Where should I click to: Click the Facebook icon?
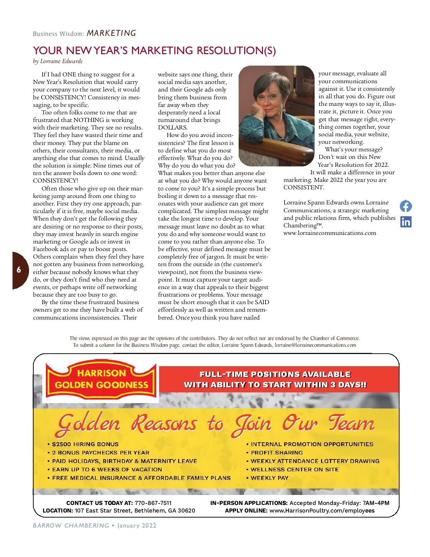(406, 206)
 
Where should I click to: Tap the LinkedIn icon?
(406, 222)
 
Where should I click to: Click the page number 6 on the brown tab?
(19, 270)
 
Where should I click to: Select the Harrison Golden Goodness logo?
(101, 379)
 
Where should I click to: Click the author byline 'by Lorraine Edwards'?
(58, 61)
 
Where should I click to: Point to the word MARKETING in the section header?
(111, 33)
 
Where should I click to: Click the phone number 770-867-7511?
(153, 503)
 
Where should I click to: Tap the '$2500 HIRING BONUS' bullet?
(85, 444)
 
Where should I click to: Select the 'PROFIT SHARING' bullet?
(277, 453)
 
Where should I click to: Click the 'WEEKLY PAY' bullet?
(269, 478)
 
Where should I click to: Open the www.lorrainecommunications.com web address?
(330, 233)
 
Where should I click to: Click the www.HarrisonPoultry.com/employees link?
(322, 510)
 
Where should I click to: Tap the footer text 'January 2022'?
(137, 525)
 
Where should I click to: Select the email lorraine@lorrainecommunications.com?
(315, 345)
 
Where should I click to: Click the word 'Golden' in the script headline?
(89, 424)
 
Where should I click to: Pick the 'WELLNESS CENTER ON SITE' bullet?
(295, 469)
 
